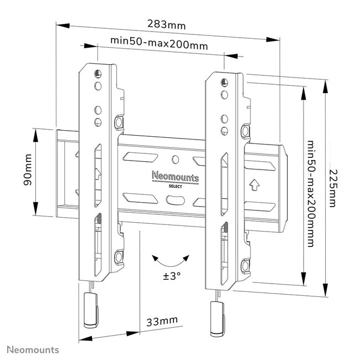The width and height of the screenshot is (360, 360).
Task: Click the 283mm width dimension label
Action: [166, 25]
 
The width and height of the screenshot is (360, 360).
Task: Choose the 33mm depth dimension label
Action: [162, 321]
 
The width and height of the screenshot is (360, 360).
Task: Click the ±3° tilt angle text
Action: [171, 276]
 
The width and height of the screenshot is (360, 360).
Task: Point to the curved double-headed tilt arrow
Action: [171, 259]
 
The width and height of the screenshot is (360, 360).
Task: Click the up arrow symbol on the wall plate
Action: [254, 183]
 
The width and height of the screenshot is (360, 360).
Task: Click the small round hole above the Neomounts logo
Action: [176, 160]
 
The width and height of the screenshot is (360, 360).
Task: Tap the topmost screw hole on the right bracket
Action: [224, 81]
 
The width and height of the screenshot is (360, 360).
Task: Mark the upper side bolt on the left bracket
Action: [119, 120]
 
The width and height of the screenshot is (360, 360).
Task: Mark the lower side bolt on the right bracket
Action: [244, 269]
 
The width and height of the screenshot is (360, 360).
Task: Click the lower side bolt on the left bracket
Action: [119, 256]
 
